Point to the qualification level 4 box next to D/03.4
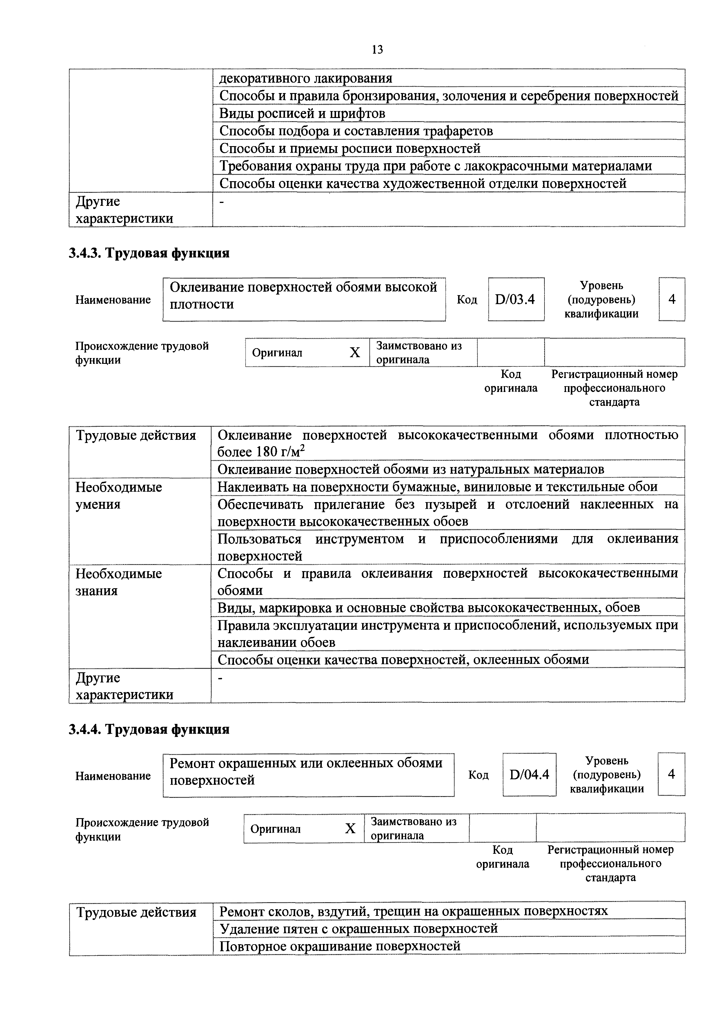point(672,299)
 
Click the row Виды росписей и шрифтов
point(302,113)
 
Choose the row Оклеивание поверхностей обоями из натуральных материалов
point(410,469)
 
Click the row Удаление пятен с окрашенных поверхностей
point(358,928)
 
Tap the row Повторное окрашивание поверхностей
point(340,946)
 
